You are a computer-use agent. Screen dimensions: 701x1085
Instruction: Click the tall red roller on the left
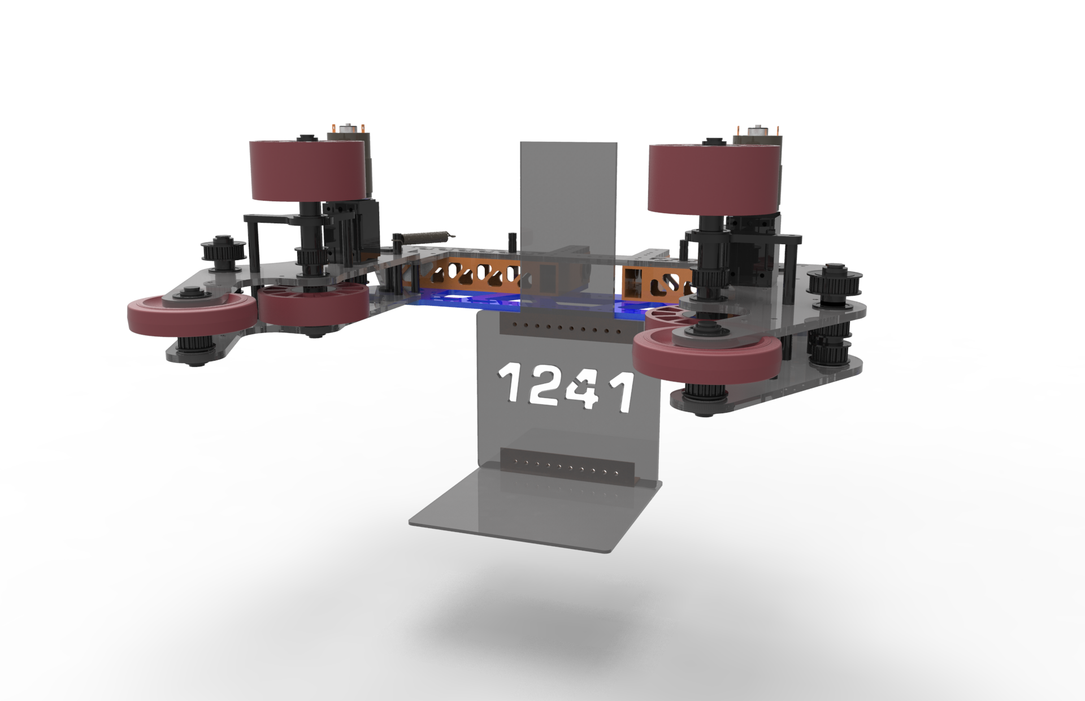307,171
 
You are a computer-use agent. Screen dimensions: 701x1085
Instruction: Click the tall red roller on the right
714,178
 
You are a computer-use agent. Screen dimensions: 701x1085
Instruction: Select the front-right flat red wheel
706,358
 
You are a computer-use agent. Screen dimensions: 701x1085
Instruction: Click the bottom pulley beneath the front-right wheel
701,396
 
